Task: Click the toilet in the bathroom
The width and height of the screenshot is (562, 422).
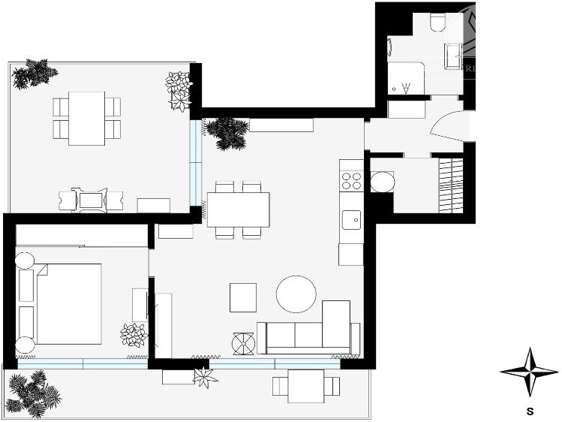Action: click(x=438, y=23)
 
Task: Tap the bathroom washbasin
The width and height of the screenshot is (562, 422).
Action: click(x=452, y=56)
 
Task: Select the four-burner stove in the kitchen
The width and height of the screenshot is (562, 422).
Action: click(x=351, y=181)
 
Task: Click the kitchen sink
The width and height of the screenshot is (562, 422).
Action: click(x=350, y=220)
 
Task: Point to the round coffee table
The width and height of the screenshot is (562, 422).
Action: click(x=296, y=294)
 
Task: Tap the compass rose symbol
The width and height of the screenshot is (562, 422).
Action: click(x=529, y=372)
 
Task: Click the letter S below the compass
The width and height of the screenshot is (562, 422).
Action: click(x=530, y=411)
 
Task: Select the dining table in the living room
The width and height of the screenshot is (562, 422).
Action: click(x=238, y=209)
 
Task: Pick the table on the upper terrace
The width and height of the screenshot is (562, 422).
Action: click(x=86, y=118)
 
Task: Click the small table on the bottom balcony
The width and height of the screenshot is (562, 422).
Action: click(x=306, y=386)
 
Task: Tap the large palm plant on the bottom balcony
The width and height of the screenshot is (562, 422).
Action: click(x=34, y=393)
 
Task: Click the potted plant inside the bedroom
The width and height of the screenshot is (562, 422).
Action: click(x=134, y=334)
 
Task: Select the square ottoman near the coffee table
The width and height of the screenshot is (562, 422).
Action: click(x=243, y=297)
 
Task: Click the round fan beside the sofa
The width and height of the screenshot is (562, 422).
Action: click(x=244, y=343)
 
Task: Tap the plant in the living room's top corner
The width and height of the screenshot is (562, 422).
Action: click(x=226, y=131)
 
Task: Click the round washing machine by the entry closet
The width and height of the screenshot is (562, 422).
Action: click(x=383, y=182)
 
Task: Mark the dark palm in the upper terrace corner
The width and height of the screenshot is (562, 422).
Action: click(x=34, y=74)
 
